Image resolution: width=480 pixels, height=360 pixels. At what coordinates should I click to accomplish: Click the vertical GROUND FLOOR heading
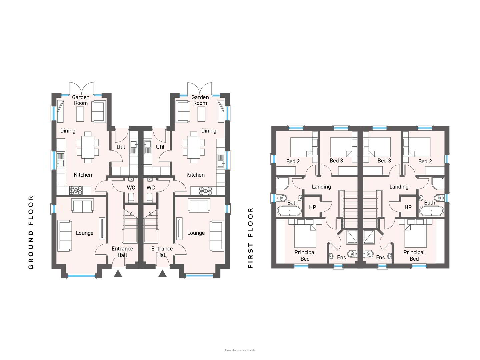[x=31, y=232]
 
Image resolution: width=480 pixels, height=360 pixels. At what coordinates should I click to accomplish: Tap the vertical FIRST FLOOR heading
[x=250, y=238]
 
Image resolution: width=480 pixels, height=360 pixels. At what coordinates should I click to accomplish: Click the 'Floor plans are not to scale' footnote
[x=240, y=350]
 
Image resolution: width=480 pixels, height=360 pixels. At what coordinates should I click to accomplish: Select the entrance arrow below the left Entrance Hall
[x=118, y=273]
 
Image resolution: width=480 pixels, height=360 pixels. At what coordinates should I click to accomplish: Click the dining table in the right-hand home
[x=194, y=147]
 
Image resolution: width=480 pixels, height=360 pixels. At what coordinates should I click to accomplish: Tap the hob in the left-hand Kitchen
[x=76, y=190]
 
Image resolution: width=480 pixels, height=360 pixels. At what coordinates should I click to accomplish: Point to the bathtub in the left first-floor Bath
[x=289, y=211]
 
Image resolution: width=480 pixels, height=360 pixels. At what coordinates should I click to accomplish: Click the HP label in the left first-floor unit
[x=312, y=207]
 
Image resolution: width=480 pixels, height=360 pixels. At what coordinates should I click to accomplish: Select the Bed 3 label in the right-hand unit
[x=384, y=161]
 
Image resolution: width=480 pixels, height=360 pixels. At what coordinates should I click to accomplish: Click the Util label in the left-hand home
[x=121, y=147]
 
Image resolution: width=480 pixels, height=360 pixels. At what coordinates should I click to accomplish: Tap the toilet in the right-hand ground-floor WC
[x=150, y=198]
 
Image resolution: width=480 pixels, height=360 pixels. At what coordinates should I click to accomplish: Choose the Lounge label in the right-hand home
[x=196, y=233]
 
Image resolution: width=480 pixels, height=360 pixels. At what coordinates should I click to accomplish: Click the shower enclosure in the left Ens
[x=352, y=237]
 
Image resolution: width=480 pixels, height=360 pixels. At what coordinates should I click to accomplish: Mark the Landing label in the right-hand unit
[x=399, y=187]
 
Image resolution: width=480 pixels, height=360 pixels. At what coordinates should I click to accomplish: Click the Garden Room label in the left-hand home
[x=81, y=100]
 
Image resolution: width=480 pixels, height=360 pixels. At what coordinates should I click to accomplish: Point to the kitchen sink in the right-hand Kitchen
[x=221, y=160]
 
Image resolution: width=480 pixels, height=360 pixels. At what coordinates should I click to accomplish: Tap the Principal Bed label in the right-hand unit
[x=414, y=256]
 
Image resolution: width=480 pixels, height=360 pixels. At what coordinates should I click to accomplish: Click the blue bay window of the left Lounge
[x=82, y=276]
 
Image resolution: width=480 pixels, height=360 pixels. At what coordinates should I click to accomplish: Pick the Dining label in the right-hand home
[x=209, y=131]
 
